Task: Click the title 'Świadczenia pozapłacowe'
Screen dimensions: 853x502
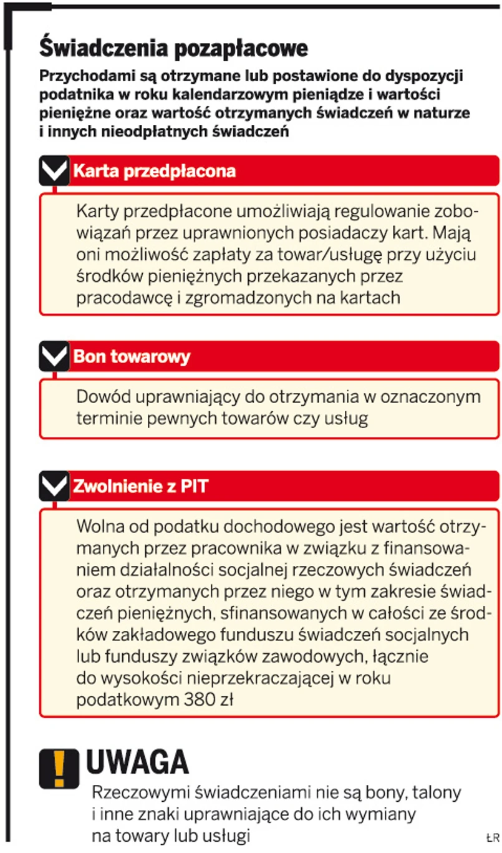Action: click(174, 48)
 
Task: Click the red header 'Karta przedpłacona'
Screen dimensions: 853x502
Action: click(155, 172)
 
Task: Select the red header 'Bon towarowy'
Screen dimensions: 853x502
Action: click(132, 357)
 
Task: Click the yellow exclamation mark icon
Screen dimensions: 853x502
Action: click(59, 768)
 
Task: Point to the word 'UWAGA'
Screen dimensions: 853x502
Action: click(137, 762)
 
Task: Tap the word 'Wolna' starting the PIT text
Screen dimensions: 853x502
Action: click(100, 527)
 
